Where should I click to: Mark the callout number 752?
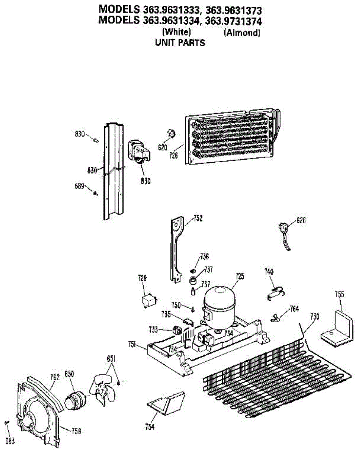(198, 218)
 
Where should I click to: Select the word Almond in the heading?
(242, 33)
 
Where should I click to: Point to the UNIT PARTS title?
(180, 43)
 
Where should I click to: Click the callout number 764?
(294, 309)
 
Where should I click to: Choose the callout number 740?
(269, 272)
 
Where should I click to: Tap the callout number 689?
(79, 186)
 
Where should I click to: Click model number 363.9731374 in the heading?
(233, 20)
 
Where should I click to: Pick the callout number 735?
(166, 314)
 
